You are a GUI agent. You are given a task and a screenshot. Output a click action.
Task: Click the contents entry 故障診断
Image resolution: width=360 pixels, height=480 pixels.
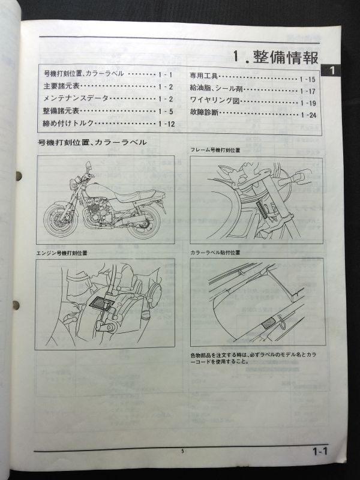[x=204, y=113]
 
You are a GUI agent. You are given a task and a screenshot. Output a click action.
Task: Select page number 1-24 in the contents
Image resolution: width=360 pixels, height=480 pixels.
[x=308, y=114]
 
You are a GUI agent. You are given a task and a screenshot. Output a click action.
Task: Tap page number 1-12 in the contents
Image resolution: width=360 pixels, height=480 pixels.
[x=166, y=124]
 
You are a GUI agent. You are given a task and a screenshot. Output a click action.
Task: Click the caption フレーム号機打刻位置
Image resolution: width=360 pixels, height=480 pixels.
[x=215, y=149]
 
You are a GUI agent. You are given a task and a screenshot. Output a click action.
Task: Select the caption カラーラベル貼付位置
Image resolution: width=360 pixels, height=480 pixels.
[x=215, y=253]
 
